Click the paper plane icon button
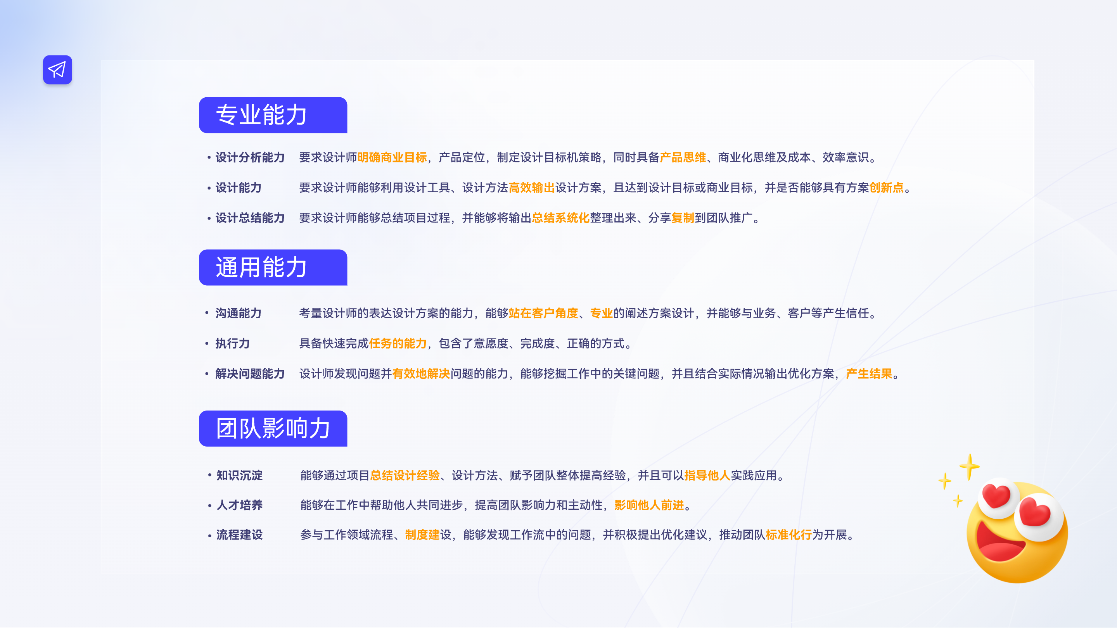[57, 70]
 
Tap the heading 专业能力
[261, 115]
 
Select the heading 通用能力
[261, 267]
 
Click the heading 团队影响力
[273, 429]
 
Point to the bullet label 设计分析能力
[250, 157]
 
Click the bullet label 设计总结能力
[250, 218]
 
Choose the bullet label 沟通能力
[238, 313]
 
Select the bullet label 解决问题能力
[250, 374]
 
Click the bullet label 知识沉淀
[239, 475]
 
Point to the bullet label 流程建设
[239, 535]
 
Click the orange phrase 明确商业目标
[392, 157]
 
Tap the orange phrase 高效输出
[531, 188]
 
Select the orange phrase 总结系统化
[560, 218]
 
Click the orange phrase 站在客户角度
[543, 313]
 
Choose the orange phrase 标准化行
[788, 535]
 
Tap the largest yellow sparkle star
[969, 466]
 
